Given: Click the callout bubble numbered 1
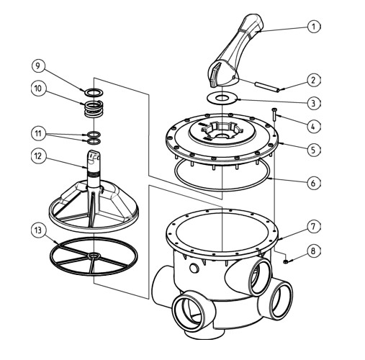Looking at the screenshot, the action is pyautogui.click(x=314, y=27).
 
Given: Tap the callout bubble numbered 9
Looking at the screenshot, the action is pyautogui.click(x=38, y=66).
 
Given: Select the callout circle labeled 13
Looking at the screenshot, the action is pyautogui.click(x=38, y=230).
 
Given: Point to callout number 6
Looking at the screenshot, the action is pyautogui.click(x=314, y=184).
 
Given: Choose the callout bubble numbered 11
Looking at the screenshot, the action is pyautogui.click(x=38, y=133).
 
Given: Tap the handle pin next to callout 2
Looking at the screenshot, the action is pyautogui.click(x=267, y=86).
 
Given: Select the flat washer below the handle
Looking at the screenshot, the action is pyautogui.click(x=222, y=99).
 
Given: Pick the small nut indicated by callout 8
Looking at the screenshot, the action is pyautogui.click(x=285, y=261).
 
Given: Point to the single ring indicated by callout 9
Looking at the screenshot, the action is pyautogui.click(x=94, y=92).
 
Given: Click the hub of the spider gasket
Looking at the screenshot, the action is pyautogui.click(x=94, y=256).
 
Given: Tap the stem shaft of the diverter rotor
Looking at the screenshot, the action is pyautogui.click(x=94, y=173).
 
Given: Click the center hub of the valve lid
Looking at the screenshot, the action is pyautogui.click(x=221, y=132).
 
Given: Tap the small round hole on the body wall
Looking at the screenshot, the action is pyautogui.click(x=194, y=268).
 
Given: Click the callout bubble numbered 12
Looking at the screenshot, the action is pyautogui.click(x=38, y=156).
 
